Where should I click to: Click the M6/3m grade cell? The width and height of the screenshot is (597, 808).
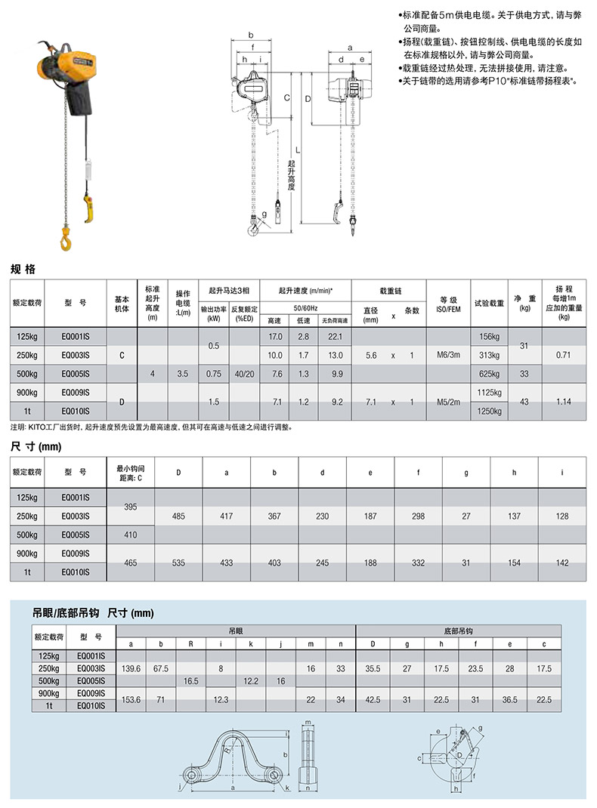click(x=448, y=355)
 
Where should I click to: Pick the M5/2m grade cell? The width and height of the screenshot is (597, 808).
click(x=448, y=402)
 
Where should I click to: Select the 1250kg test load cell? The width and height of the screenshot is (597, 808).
click(x=490, y=412)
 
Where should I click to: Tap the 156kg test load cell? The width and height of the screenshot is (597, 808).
click(x=490, y=335)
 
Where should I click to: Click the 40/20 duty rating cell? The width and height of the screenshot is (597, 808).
click(x=244, y=374)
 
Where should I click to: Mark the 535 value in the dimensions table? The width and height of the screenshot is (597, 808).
click(x=179, y=563)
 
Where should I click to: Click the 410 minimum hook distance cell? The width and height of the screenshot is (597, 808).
click(x=131, y=535)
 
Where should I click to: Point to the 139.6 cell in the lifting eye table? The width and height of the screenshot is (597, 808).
click(x=131, y=669)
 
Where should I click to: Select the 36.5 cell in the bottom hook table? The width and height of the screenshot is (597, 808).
click(x=510, y=700)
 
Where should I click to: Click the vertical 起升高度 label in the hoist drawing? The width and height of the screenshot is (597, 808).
click(x=292, y=174)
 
